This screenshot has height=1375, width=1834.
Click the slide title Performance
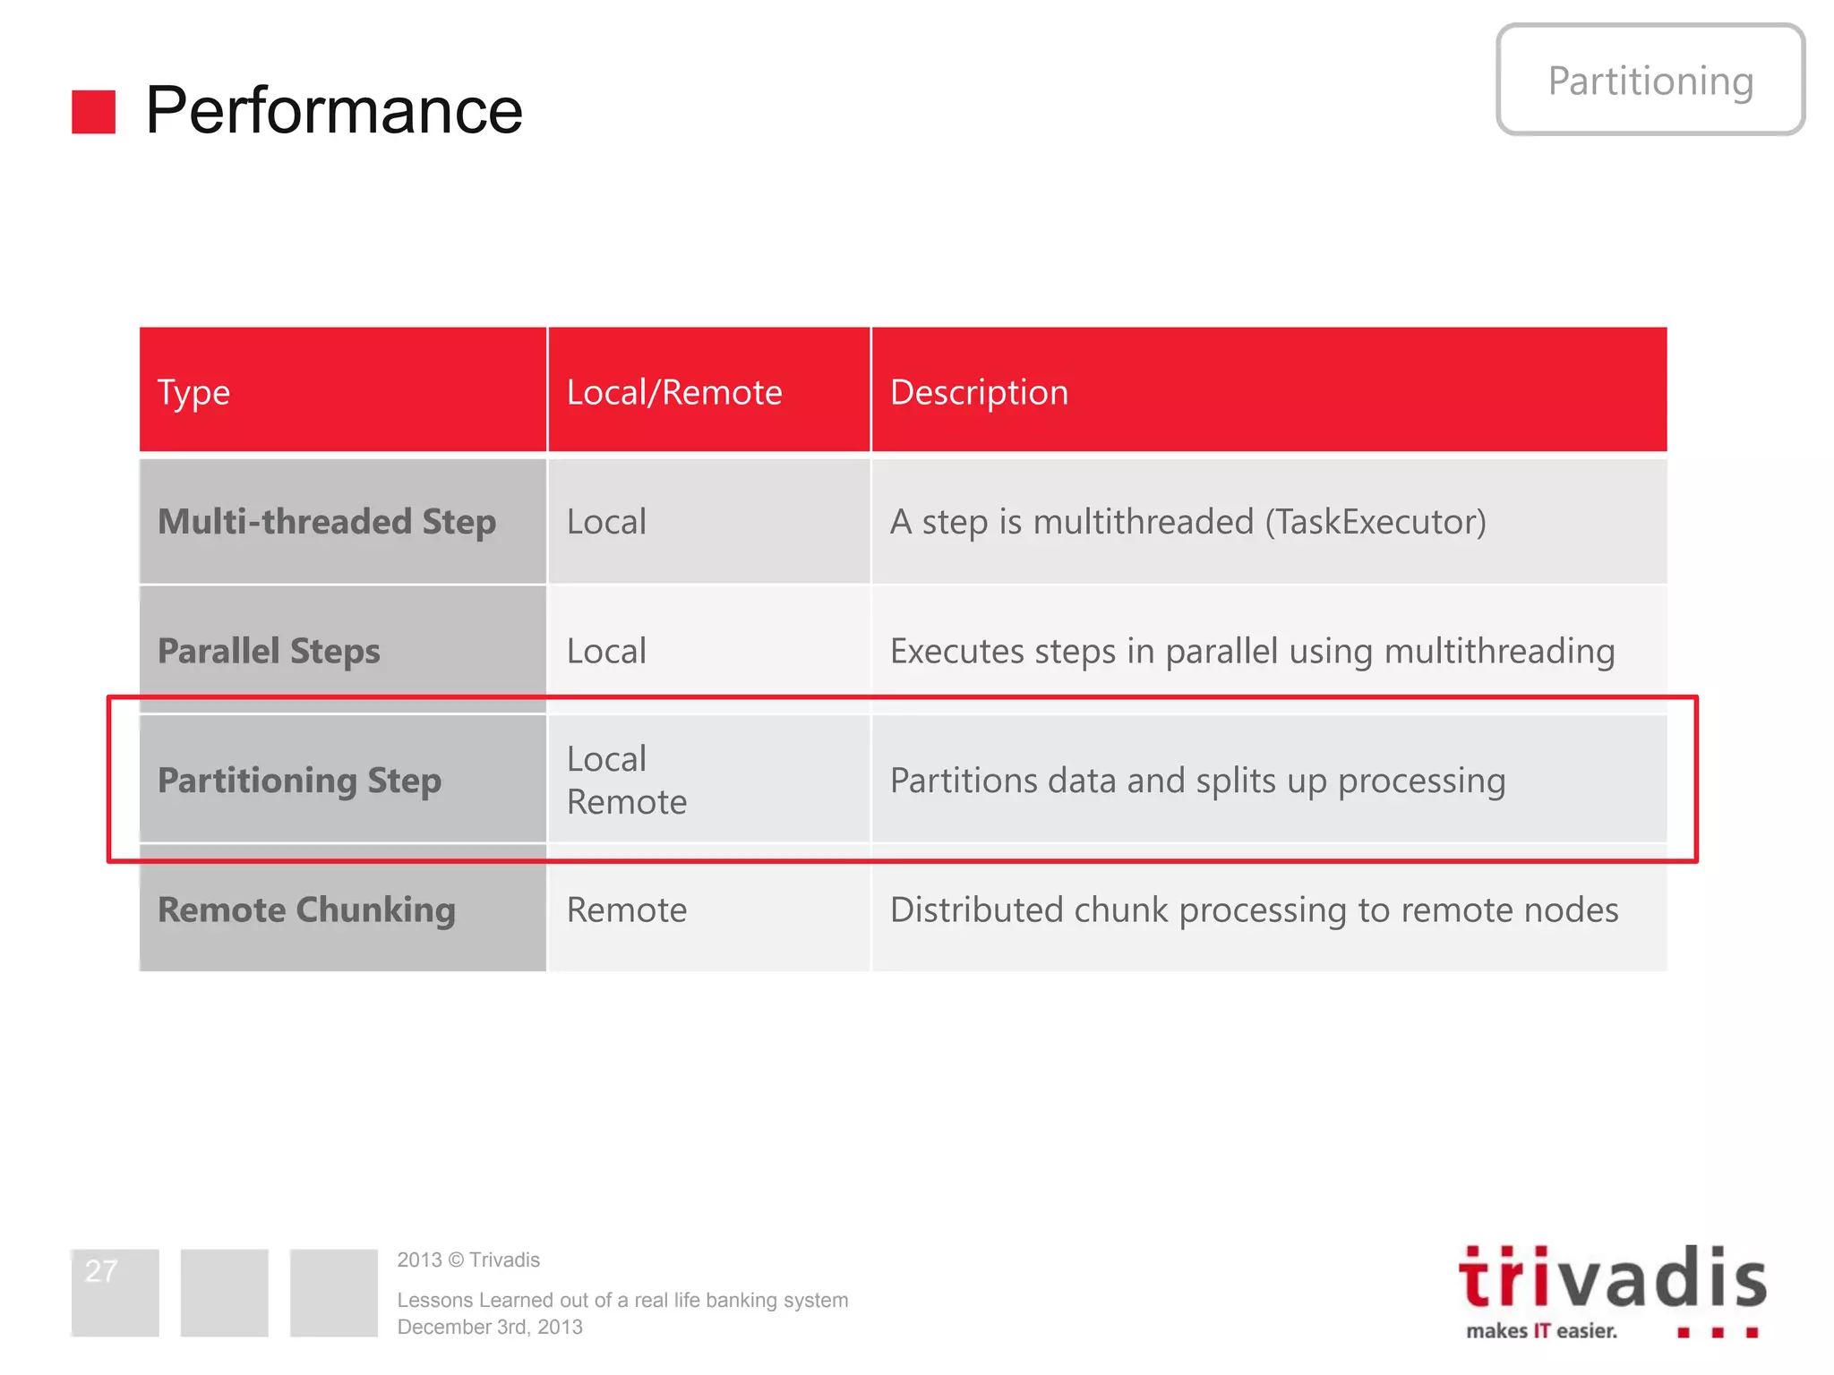click(x=333, y=111)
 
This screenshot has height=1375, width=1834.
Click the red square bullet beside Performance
click(x=93, y=112)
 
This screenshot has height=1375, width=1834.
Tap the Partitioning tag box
click(x=1650, y=81)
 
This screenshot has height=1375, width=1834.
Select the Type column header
click(x=193, y=393)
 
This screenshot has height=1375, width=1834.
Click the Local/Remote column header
click(x=674, y=393)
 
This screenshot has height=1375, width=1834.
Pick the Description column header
click(x=979, y=393)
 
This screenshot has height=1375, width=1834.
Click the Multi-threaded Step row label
click(x=327, y=522)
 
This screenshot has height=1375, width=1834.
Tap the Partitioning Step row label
click(x=299, y=781)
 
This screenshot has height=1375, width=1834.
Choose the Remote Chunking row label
click(x=306, y=910)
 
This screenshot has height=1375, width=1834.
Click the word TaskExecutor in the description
click(x=1375, y=522)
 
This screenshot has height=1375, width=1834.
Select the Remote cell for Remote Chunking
click(x=627, y=910)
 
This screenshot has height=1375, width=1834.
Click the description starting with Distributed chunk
click(x=1254, y=910)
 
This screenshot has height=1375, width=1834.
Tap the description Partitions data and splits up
click(x=1197, y=781)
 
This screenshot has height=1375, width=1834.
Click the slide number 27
click(x=101, y=1271)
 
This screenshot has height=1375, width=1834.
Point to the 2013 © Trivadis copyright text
click(x=468, y=1260)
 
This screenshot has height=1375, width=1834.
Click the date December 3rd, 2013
click(x=490, y=1328)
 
